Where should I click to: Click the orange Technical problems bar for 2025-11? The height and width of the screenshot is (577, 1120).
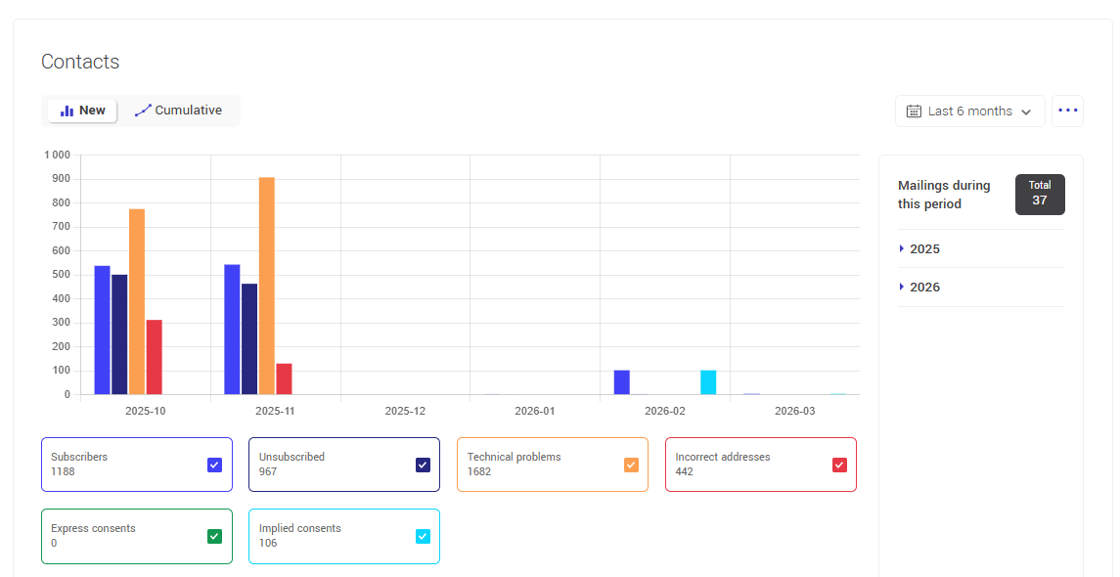[x=266, y=286]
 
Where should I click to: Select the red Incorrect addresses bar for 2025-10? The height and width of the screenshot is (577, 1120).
[x=154, y=357]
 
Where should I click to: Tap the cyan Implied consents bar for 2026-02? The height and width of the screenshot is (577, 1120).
[x=708, y=382]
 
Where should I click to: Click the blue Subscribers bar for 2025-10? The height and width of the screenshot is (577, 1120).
[x=102, y=330]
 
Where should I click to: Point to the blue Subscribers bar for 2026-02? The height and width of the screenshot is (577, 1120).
[x=621, y=382]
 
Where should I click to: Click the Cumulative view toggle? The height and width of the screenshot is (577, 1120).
[x=179, y=111]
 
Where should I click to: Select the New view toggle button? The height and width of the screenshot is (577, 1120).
[x=83, y=111]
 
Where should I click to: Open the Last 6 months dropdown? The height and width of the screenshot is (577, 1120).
[x=969, y=111]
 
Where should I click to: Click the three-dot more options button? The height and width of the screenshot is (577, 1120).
[x=1067, y=111]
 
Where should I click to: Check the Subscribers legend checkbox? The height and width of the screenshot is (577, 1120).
[x=215, y=465]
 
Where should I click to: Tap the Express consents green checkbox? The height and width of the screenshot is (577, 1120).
[x=215, y=536]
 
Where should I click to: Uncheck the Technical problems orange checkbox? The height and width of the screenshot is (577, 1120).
[x=631, y=465]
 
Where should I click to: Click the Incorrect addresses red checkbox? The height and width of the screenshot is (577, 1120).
[x=839, y=465]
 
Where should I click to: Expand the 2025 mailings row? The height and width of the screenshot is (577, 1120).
[x=923, y=249]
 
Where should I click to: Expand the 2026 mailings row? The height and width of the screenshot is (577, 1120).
[x=923, y=288]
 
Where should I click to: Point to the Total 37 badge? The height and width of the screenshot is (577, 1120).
[x=1039, y=194]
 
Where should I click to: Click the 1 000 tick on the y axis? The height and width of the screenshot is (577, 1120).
[x=57, y=155]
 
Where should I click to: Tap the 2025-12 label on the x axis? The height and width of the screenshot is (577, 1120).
[x=405, y=411]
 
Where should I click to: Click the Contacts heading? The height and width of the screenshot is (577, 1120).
[x=80, y=62]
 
